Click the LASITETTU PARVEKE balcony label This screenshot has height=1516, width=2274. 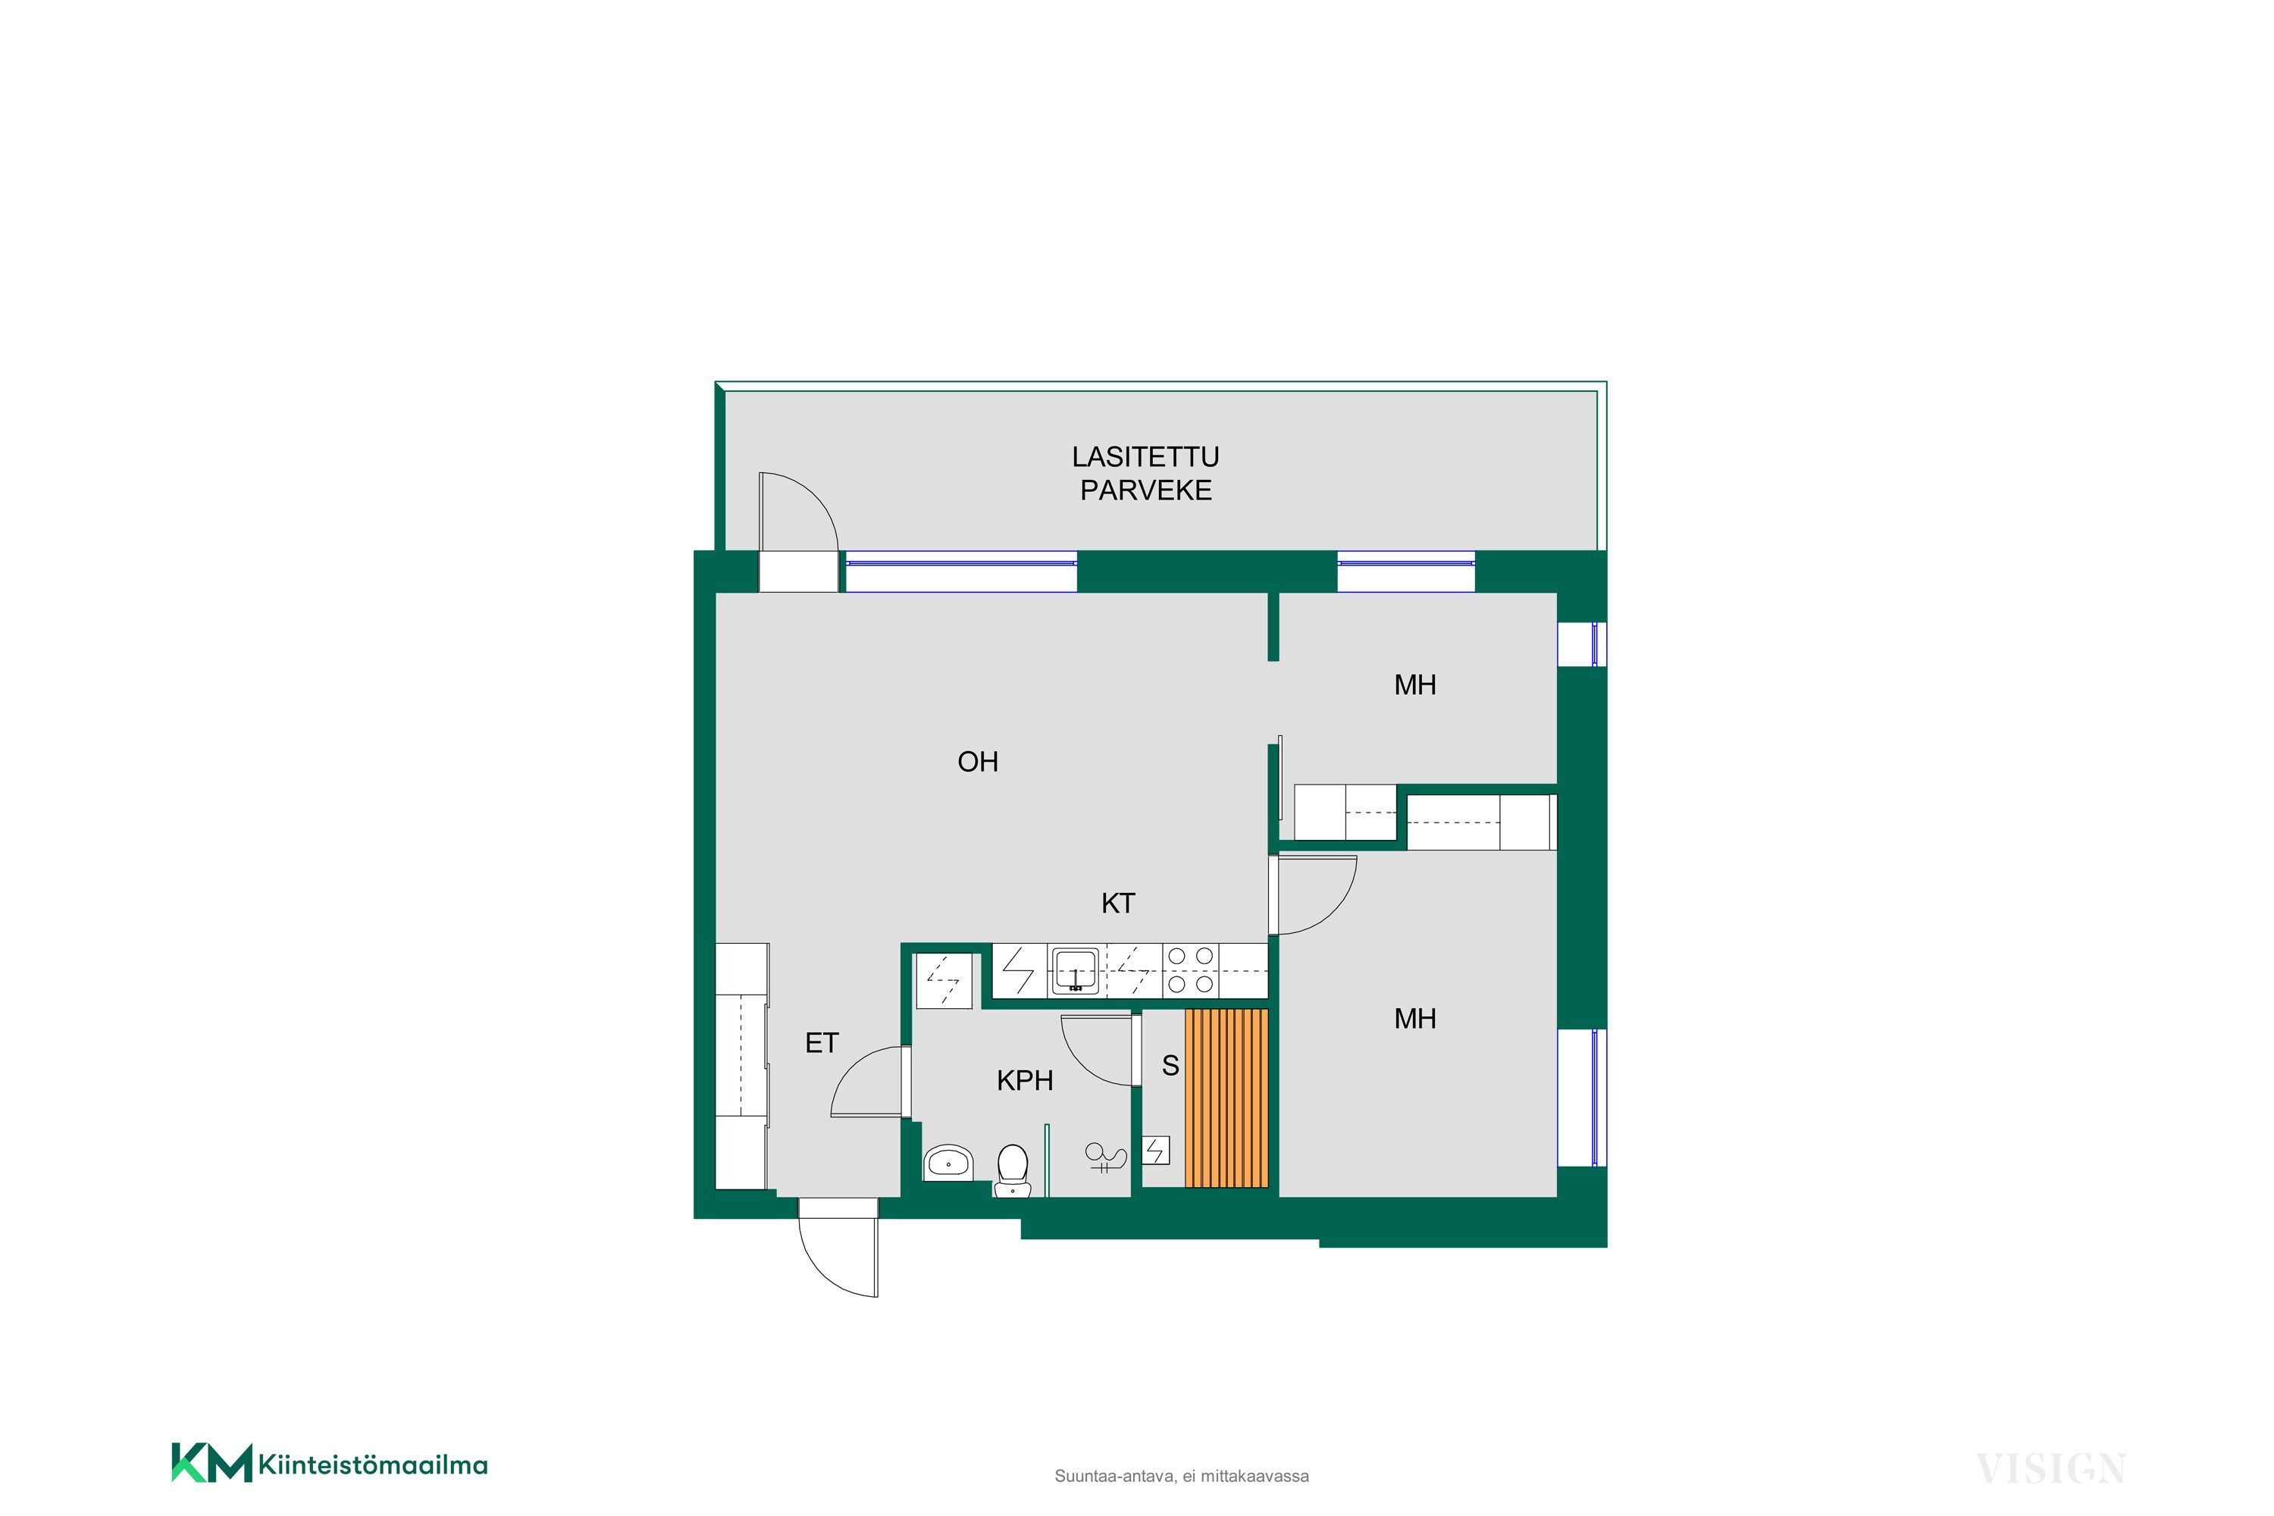[1145, 473]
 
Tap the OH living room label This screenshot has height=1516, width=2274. [978, 762]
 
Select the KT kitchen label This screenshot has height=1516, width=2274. [1117, 903]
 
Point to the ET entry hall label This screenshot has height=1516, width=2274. [822, 1043]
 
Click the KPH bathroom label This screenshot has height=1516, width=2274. [1025, 1080]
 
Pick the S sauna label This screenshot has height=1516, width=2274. [1170, 1066]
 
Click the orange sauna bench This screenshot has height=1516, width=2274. [1226, 1098]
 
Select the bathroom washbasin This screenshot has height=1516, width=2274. [948, 1162]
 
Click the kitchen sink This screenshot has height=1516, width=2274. [1075, 971]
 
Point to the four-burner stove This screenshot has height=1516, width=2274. [1190, 969]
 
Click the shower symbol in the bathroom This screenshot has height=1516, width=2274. [1107, 1157]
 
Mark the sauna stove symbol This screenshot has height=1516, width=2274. [1157, 1151]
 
